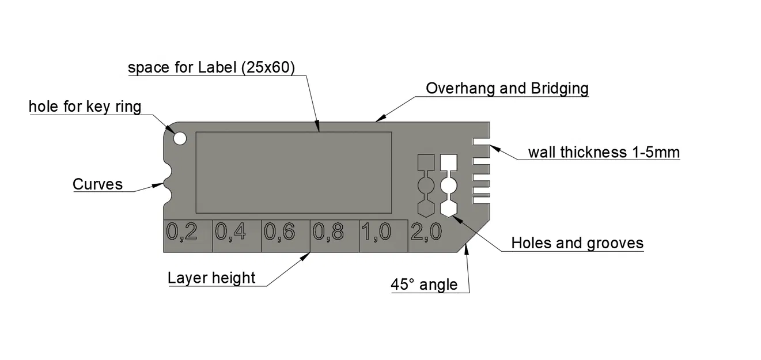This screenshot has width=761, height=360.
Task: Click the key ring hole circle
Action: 180,138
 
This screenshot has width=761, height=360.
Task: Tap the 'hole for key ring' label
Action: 85,107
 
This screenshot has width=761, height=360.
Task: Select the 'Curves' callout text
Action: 97,184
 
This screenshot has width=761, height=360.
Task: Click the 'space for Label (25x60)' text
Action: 211,67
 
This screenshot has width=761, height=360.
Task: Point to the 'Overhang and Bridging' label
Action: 507,88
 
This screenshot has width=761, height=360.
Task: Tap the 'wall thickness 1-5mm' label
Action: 604,153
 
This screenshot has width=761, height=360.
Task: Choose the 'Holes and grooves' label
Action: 577,243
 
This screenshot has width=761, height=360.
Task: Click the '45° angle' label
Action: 424,285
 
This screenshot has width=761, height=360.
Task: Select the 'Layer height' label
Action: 211,278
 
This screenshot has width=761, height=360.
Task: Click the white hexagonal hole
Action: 449,207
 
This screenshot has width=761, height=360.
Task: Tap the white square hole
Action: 449,162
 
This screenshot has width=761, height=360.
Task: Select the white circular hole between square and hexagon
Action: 449,185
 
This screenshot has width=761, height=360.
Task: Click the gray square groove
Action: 426,162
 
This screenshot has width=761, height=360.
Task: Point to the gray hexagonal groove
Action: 426,207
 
